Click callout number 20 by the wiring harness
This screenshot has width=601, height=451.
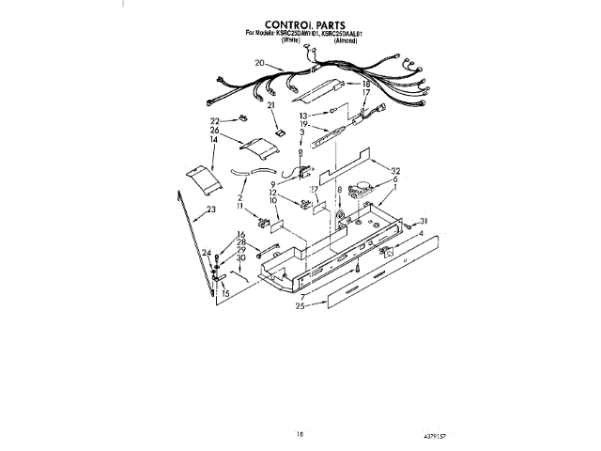coord(259,63)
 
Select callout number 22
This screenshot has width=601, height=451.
coord(215,121)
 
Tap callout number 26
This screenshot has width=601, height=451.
coord(215,131)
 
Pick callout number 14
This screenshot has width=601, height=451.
coord(214,139)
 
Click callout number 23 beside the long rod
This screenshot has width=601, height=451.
coord(210,210)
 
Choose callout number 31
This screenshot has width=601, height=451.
coord(424,222)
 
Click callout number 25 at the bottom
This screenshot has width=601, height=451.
coord(300,306)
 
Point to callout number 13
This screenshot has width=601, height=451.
coord(303,115)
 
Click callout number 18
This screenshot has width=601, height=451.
coord(366,85)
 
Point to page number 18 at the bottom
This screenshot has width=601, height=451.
coord(300,434)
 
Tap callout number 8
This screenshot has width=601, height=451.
coord(338,190)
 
